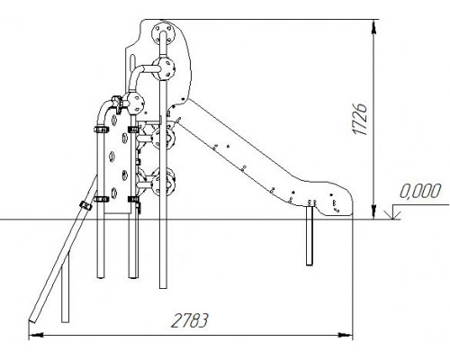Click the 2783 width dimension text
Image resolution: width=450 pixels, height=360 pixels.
click(189, 320)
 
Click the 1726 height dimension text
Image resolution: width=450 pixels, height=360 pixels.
click(360, 120)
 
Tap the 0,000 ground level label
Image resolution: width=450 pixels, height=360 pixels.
click(420, 191)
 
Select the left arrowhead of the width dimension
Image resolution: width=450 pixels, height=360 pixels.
click(36, 335)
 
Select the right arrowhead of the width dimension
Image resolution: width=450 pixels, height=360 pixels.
click(345, 335)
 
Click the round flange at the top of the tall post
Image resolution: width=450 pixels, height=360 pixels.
click(163, 33)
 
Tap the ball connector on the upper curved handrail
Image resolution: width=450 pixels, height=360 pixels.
click(164, 69)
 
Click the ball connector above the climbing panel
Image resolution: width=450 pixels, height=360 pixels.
click(133, 103)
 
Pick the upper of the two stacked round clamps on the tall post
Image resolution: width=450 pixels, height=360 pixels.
click(163, 139)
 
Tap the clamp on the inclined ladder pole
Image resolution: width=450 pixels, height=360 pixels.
click(85, 206)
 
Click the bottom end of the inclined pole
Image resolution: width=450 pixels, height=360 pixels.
click(32, 320)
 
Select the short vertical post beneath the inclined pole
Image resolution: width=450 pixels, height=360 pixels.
click(65, 286)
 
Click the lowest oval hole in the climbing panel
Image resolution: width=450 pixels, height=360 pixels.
click(113, 193)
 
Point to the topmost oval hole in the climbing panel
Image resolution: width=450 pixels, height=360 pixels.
click(113, 120)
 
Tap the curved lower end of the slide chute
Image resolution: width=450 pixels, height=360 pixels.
click(339, 202)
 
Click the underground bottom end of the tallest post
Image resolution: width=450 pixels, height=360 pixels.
click(163, 287)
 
